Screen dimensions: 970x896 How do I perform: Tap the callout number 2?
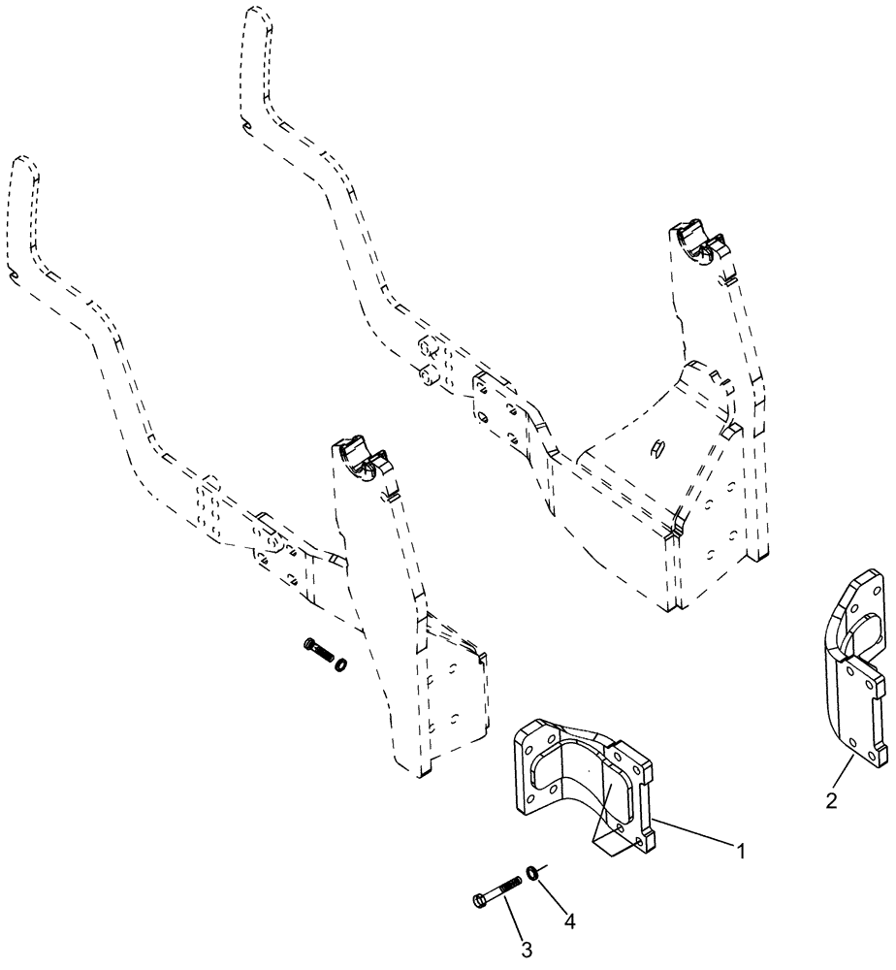(829, 801)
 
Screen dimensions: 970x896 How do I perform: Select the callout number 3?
(527, 948)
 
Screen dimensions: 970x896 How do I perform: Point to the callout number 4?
(569, 922)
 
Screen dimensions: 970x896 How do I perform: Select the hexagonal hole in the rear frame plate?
(656, 447)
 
